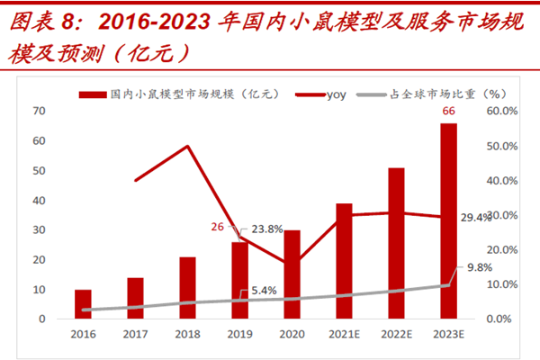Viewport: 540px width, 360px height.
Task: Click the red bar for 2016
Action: [x=83, y=304]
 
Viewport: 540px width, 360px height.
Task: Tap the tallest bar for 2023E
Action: [x=448, y=220]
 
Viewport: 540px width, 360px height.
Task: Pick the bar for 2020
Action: [x=292, y=274]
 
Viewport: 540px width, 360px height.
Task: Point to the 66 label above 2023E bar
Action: [x=448, y=112]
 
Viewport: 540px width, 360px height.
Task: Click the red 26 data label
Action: [x=217, y=227]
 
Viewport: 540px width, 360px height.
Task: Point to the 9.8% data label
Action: [x=480, y=267]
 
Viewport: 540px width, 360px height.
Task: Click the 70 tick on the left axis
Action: [x=40, y=111]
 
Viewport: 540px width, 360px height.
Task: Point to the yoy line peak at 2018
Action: [x=187, y=146]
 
